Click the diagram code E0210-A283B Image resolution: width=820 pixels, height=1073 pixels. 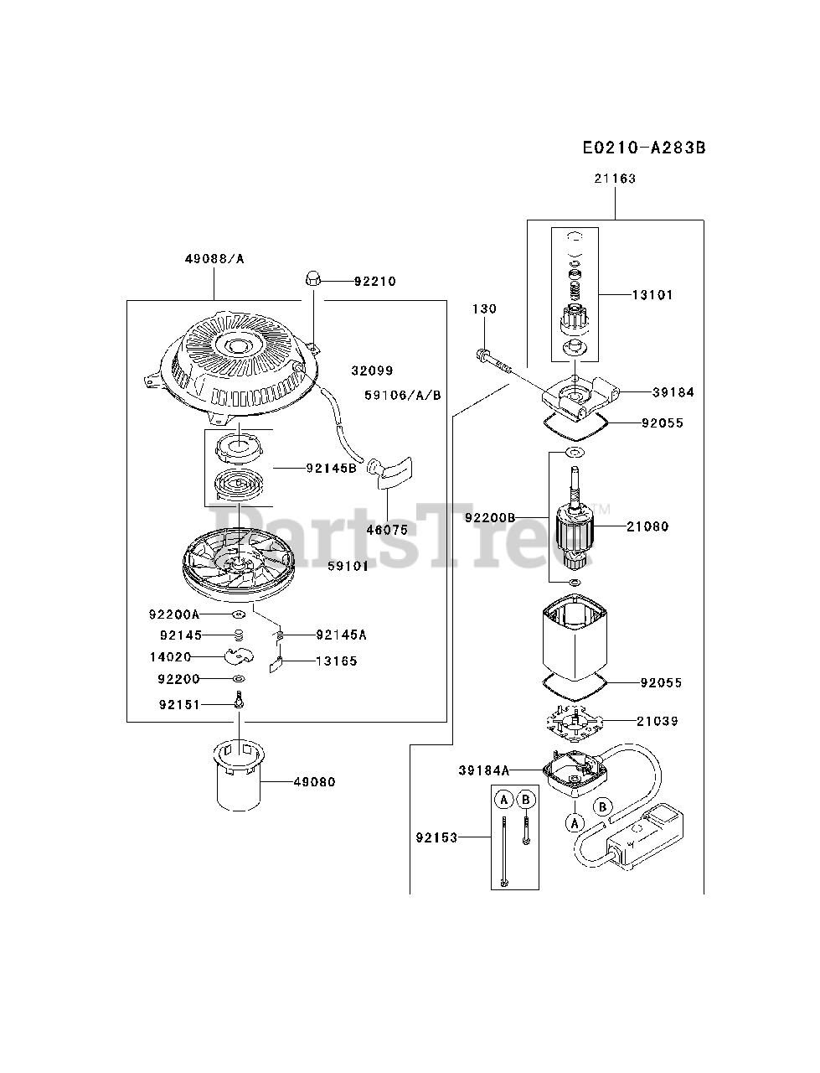click(x=644, y=148)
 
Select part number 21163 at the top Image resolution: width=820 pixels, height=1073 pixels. click(x=615, y=179)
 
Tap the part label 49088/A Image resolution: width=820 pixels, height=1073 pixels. click(x=214, y=259)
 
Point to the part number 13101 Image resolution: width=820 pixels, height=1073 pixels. click(x=652, y=295)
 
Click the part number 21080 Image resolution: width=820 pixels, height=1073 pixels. click(x=647, y=527)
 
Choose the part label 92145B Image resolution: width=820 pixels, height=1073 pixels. click(x=331, y=469)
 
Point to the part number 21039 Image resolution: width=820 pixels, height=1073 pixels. click(x=657, y=721)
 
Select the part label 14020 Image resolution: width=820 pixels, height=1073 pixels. click(x=170, y=657)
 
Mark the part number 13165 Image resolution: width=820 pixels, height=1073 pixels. click(x=336, y=661)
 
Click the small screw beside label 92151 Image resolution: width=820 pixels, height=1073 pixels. click(x=239, y=701)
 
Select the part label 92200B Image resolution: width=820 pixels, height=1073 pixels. click(x=492, y=518)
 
